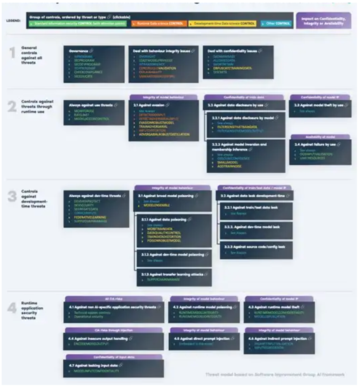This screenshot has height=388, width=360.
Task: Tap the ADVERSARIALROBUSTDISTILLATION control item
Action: point(161,135)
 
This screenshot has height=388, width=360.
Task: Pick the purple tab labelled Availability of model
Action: point(320,137)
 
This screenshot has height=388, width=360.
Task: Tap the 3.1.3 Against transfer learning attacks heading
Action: point(170,274)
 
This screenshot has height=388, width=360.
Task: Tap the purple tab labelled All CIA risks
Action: point(114,299)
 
